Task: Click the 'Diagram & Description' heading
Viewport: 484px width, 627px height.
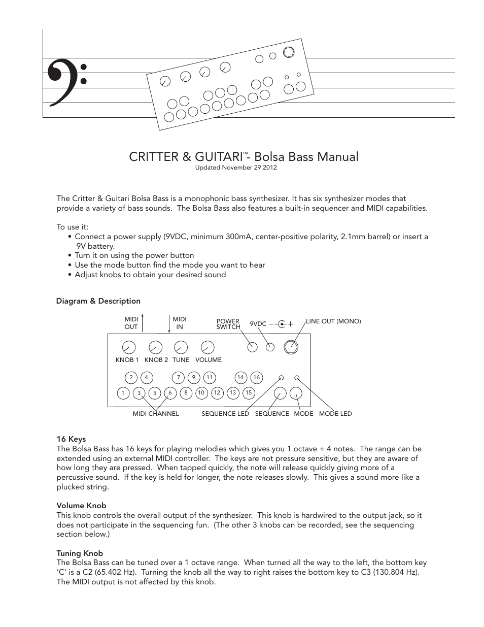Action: [98, 301]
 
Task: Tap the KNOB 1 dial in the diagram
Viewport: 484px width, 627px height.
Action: [129, 347]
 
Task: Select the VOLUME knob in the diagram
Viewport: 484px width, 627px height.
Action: [208, 347]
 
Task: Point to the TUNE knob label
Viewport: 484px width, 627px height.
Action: [181, 360]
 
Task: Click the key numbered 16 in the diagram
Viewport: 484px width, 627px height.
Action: [256, 377]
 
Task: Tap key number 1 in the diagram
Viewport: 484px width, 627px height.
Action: [123, 393]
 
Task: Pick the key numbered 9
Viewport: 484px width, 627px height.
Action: [193, 377]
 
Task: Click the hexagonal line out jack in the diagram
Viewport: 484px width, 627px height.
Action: [291, 347]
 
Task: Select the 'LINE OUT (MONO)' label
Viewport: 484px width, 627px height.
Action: [333, 321]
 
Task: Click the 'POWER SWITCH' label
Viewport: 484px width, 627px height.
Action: [228, 324]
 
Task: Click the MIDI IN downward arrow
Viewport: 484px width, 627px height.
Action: [169, 323]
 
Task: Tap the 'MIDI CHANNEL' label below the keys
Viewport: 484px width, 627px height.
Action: [156, 414]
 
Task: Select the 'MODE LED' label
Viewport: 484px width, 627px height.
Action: [335, 414]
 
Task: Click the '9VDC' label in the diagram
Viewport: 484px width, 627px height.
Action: [258, 324]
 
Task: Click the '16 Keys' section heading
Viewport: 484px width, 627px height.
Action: [71, 439]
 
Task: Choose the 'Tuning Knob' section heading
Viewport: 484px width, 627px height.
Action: [80, 553]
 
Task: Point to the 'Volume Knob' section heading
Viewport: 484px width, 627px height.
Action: [81, 506]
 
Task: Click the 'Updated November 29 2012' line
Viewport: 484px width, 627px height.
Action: [236, 168]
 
